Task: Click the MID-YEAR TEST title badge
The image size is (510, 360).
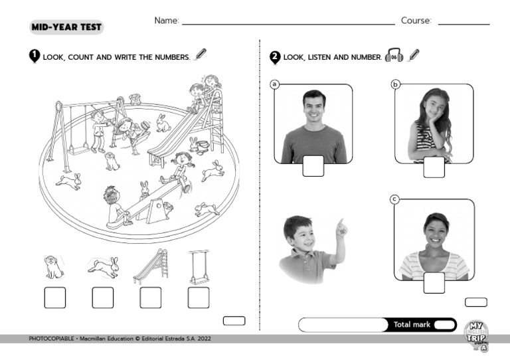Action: pyautogui.click(x=66, y=27)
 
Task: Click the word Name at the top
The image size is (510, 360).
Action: pyautogui.click(x=167, y=21)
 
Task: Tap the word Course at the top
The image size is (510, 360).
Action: pyautogui.click(x=416, y=21)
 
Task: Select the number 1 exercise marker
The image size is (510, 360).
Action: pyautogui.click(x=35, y=56)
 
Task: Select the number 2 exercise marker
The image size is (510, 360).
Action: pyautogui.click(x=275, y=57)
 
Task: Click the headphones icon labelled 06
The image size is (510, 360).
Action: pyautogui.click(x=394, y=56)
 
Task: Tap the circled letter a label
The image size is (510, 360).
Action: pyautogui.click(x=275, y=84)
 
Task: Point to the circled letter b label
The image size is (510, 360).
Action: pyautogui.click(x=395, y=84)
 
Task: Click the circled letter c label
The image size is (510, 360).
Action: pyautogui.click(x=394, y=199)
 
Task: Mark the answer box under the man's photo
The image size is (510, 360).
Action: pyautogui.click(x=313, y=166)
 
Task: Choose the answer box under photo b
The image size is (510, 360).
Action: pyautogui.click(x=434, y=167)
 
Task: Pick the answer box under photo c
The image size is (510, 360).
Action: pyautogui.click(x=434, y=282)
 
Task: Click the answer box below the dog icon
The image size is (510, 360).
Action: pyautogui.click(x=55, y=298)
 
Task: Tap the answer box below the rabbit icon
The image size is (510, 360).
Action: pyautogui.click(x=103, y=298)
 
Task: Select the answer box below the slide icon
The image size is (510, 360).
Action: pyautogui.click(x=151, y=298)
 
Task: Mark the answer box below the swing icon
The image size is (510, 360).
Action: pyautogui.click(x=199, y=298)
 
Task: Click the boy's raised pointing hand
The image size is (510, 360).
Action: pyautogui.click(x=341, y=228)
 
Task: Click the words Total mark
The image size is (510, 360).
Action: pyautogui.click(x=412, y=325)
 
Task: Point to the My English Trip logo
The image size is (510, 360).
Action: pyautogui.click(x=477, y=335)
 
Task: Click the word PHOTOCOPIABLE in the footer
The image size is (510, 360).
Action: pyautogui.click(x=51, y=339)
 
